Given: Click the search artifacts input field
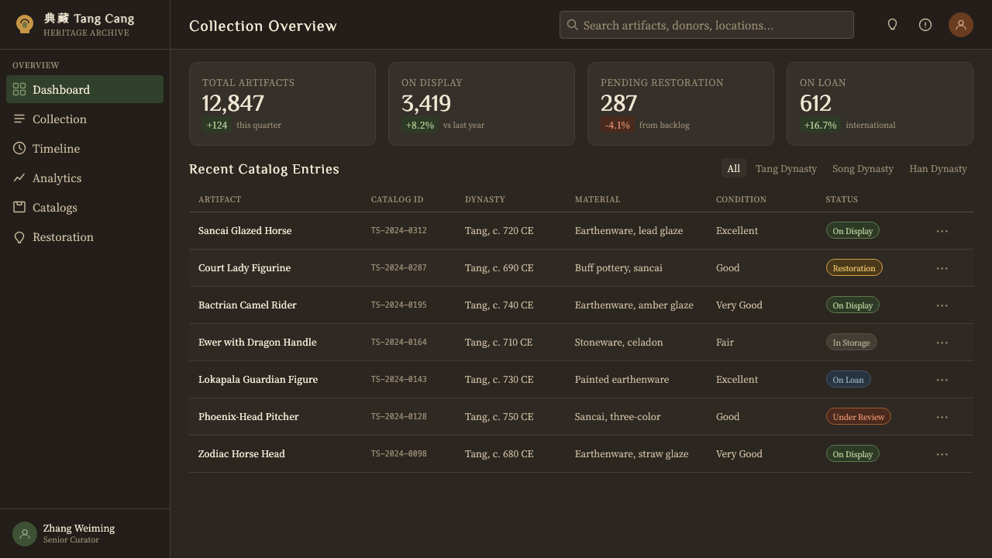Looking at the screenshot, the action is pos(706,25).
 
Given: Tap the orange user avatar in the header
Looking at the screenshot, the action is pos(960,25).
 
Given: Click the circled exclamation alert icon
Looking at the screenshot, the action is pos(925,25).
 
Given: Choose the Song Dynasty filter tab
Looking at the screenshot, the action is pos(863,169).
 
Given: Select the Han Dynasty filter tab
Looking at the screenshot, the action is pos(938,169).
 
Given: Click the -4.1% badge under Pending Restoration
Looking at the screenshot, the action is pos(618,125).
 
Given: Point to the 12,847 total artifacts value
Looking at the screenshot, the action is pos(233,103).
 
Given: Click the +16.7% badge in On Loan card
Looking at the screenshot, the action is pos(820,125).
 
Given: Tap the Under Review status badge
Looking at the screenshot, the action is pos(858,416).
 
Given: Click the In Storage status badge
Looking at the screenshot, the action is pos(851,342).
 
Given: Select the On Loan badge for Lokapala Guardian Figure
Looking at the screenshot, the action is pos(848,379).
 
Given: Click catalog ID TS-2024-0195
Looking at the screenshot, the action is pos(398,305).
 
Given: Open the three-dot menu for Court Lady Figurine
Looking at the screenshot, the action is pos(942,268).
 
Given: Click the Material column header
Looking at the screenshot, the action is pos(598,199).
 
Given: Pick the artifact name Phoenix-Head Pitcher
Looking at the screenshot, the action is pos(249,416).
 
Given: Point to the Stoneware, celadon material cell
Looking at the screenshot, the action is pos(618,342).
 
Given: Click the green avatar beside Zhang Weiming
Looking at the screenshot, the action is pos(25,534).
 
